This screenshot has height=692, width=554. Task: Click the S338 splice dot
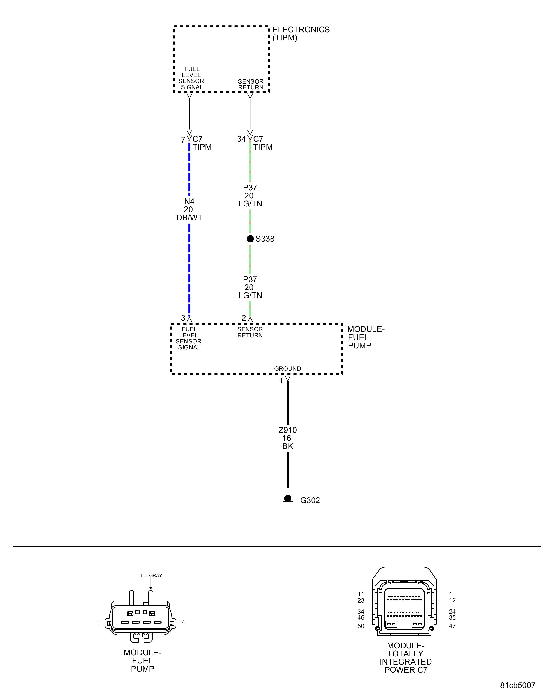point(250,239)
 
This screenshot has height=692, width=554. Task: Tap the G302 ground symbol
point(288,498)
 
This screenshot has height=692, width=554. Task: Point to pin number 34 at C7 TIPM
point(241,139)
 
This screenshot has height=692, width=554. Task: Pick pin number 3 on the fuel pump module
point(183,318)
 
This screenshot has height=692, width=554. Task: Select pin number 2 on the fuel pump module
point(244,318)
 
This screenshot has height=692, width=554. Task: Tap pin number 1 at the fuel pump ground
point(281,381)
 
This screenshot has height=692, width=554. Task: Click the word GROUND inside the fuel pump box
point(287,368)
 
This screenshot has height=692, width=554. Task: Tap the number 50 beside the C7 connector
point(361,626)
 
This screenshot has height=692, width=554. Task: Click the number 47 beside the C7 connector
point(452,626)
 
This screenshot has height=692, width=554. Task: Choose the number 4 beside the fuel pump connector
point(183,622)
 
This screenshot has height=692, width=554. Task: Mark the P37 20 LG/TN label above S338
point(250,195)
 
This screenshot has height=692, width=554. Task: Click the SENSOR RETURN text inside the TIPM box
point(250,84)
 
